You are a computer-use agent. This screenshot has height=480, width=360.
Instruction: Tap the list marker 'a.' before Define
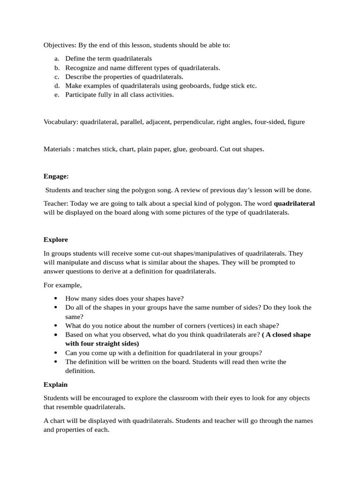coord(57,59)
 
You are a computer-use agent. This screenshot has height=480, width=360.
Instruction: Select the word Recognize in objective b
coord(80,67)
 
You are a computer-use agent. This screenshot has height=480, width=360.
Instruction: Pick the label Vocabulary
coord(61,122)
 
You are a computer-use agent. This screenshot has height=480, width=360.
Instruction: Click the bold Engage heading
coord(56,176)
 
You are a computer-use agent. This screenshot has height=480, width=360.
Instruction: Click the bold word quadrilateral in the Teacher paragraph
coord(294,203)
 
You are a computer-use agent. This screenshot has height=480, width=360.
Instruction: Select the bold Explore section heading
coord(56,240)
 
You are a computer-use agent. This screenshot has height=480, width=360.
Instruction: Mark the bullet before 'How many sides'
coord(56,299)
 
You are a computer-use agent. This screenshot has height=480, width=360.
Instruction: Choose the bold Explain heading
coord(56,384)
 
